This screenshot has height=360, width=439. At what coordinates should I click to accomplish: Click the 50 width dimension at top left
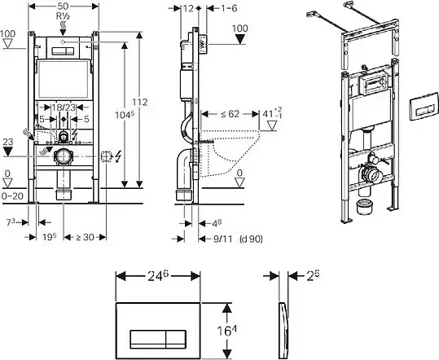pyautogui.click(x=64, y=6)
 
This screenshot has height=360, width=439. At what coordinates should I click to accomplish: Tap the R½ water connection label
pyautogui.click(x=63, y=16)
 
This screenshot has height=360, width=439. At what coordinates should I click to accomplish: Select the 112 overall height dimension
pyautogui.click(x=140, y=102)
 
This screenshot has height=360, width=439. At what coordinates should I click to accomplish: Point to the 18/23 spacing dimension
pyautogui.click(x=64, y=108)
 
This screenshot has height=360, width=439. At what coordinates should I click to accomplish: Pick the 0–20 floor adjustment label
pyautogui.click(x=12, y=196)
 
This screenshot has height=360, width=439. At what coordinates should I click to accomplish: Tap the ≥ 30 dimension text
pyautogui.click(x=85, y=237)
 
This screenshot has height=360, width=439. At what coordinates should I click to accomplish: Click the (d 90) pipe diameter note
pyautogui.click(x=251, y=239)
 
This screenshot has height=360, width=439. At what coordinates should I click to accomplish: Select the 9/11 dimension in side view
pyautogui.click(x=223, y=239)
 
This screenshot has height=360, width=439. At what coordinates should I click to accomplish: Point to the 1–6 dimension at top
pyautogui.click(x=229, y=8)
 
